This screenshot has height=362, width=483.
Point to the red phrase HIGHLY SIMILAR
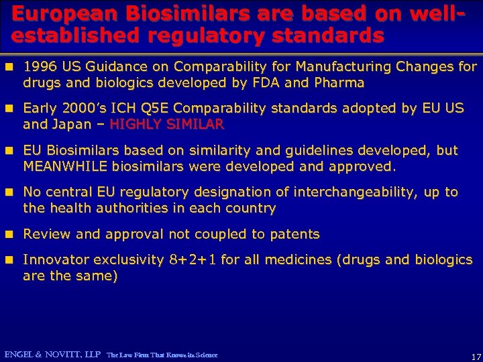coord(167,124)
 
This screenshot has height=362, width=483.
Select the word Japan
coord(75,124)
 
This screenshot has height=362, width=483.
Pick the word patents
coord(294,234)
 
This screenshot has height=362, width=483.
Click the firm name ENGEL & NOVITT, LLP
coord(52,354)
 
